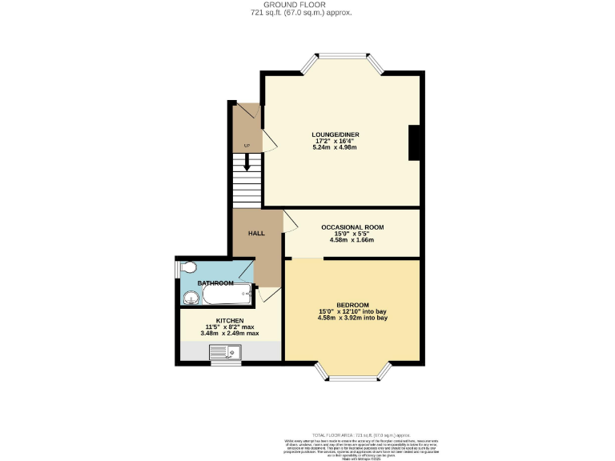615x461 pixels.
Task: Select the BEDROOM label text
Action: point(352,305)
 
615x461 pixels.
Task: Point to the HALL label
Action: point(256,232)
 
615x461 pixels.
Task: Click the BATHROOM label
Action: point(215,283)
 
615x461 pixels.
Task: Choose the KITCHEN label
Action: point(229,320)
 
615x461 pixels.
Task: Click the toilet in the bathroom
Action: point(187,267)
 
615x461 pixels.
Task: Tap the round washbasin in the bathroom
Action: point(192,299)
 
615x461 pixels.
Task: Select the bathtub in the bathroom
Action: point(229,297)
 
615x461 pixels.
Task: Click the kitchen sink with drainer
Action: point(226,351)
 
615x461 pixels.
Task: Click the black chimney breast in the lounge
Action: point(415,143)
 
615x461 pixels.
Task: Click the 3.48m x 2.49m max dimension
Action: point(229,333)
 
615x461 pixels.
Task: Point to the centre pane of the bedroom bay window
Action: point(352,375)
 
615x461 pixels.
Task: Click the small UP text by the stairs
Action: point(247,145)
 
